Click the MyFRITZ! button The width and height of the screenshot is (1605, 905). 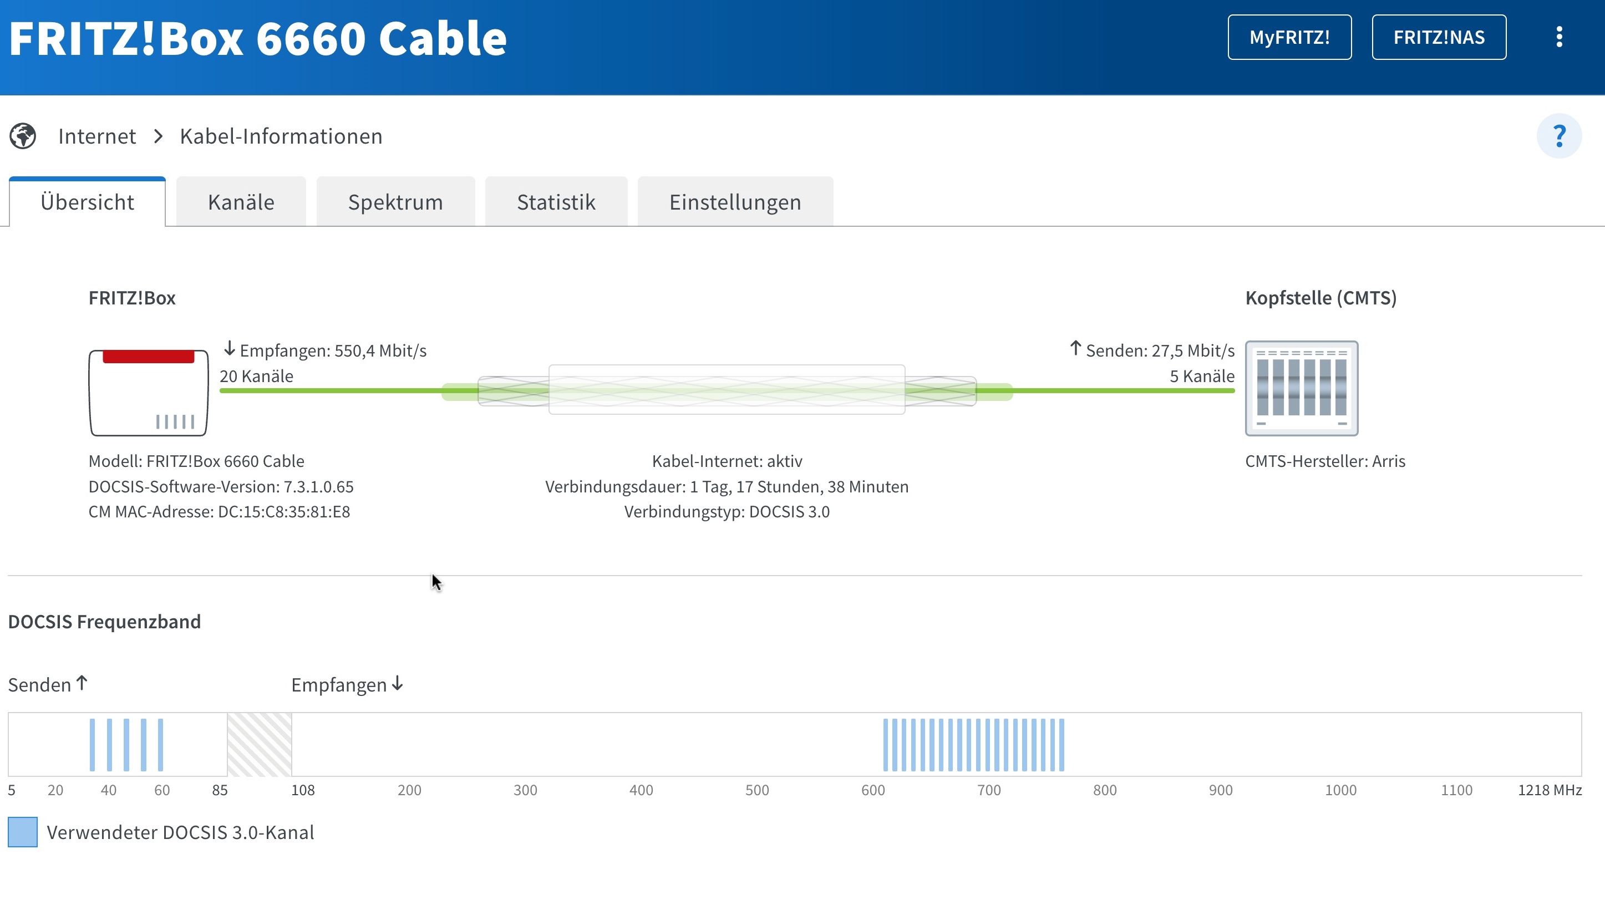(1289, 37)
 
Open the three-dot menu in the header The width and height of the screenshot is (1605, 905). (1559, 37)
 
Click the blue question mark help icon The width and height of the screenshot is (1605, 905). (1559, 136)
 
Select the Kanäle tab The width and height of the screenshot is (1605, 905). (241, 202)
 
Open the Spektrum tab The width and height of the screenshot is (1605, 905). (395, 202)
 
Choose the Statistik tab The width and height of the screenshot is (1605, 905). (556, 202)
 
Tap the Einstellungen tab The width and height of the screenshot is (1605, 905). (735, 202)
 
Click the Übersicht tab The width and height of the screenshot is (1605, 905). (87, 202)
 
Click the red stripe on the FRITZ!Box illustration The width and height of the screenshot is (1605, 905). (148, 356)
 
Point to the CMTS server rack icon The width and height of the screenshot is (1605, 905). (1302, 388)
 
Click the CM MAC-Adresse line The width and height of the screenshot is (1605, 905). (219, 512)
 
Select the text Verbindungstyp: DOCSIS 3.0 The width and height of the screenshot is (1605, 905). (727, 512)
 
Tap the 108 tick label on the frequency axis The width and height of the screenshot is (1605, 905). (303, 790)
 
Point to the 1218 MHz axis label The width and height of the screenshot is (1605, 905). (1550, 790)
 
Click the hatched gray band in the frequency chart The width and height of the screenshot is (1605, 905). (259, 744)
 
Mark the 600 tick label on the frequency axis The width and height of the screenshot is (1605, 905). (873, 790)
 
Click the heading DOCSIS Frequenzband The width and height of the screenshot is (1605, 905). (104, 622)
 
